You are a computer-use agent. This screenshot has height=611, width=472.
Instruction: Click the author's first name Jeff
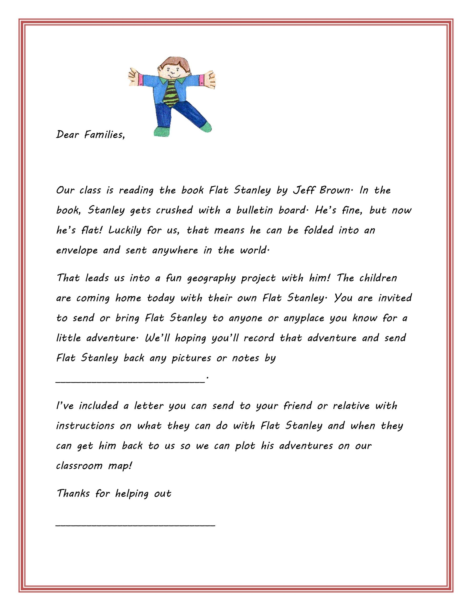303,191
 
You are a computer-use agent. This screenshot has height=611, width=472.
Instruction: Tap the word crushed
174,210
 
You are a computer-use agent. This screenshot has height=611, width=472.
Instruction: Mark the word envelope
77,250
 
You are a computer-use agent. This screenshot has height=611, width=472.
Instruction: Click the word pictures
191,358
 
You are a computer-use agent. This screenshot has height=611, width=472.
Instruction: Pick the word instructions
85,426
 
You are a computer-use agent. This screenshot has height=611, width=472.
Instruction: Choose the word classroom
79,466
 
